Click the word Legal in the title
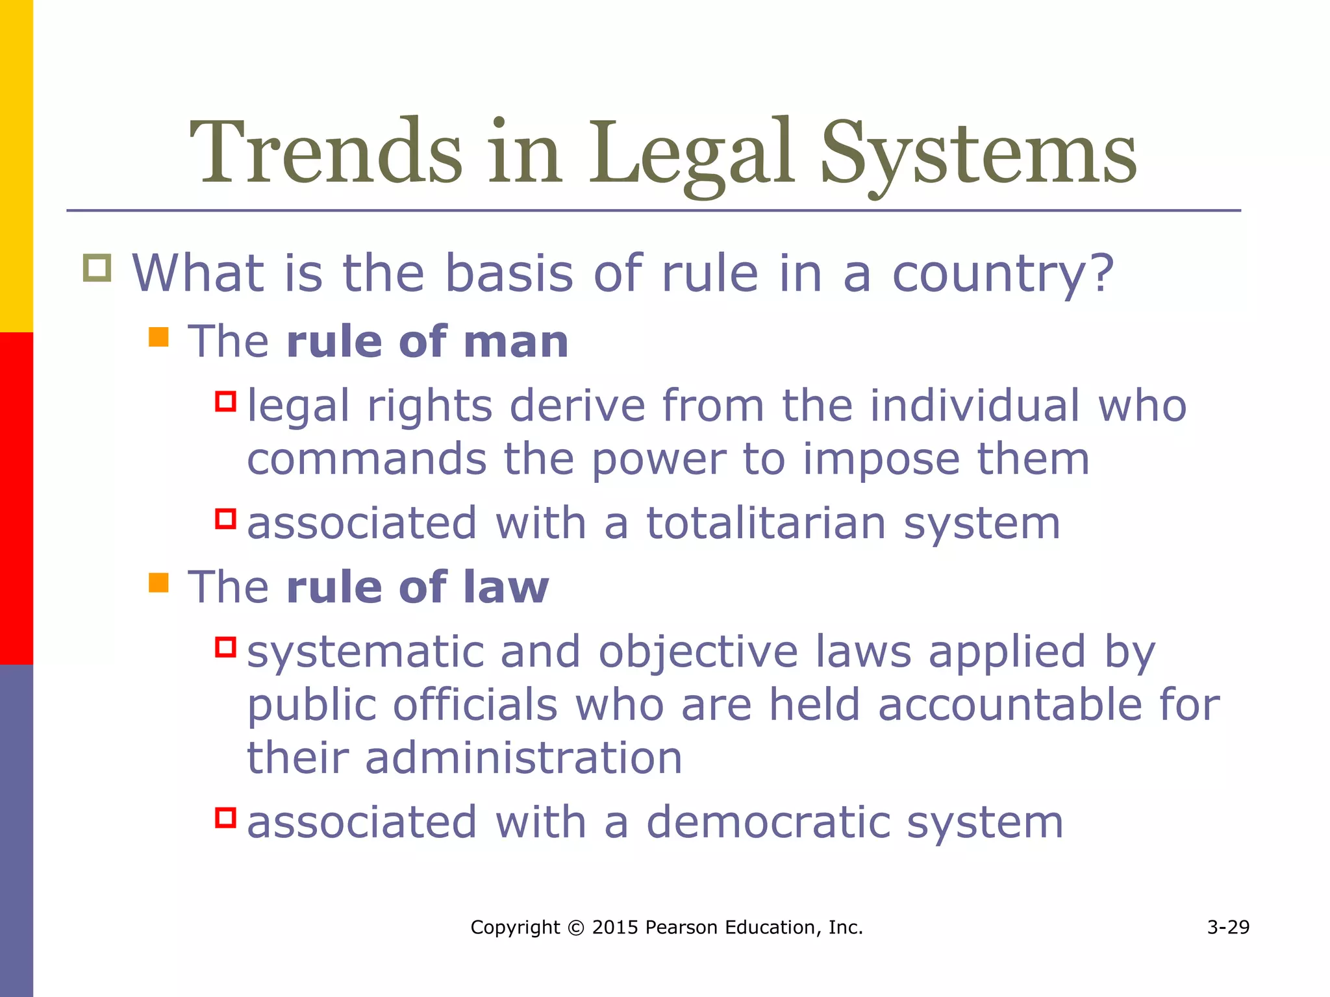point(691,156)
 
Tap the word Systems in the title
point(978,156)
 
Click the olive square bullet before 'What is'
point(97,268)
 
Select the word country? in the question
point(1003,274)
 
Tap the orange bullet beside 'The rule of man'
point(158,337)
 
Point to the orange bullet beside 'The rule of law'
point(158,582)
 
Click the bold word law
point(506,587)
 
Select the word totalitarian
point(766,523)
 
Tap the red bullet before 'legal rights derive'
point(225,400)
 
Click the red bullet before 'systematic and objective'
point(225,647)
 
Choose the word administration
point(523,758)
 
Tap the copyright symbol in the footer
point(575,928)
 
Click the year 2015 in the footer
point(615,928)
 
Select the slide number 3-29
point(1228,928)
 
